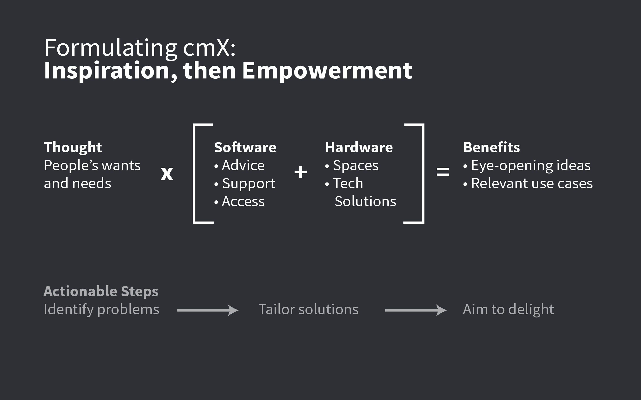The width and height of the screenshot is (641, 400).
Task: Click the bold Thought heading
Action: (73, 147)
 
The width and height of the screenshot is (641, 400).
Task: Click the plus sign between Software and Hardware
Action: (300, 172)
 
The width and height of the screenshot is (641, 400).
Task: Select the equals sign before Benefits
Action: (442, 172)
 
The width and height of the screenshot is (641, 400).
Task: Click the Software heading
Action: (245, 147)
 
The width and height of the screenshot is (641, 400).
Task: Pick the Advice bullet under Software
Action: (243, 166)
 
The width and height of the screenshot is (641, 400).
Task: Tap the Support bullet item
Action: (248, 184)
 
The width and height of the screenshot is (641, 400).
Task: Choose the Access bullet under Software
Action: (243, 202)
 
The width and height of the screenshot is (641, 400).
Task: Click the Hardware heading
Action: (359, 147)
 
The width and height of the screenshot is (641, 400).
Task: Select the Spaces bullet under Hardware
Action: (355, 166)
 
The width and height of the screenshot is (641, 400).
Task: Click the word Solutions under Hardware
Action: (365, 202)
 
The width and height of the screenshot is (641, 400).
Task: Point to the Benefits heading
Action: (491, 147)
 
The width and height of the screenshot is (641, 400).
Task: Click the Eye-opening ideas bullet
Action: (530, 166)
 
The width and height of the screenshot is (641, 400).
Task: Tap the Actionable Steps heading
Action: (101, 291)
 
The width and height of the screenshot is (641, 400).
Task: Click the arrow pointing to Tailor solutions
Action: (208, 310)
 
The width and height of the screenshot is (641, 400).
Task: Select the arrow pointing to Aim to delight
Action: (416, 310)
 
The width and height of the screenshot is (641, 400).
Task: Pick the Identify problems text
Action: (101, 309)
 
